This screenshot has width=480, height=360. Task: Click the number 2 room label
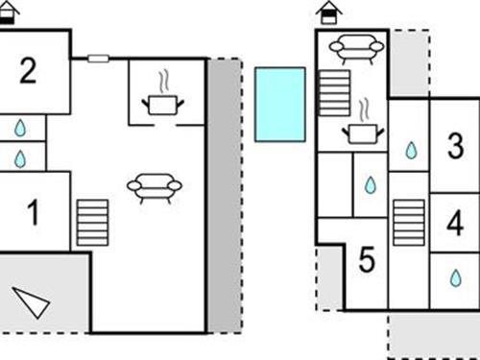click(28, 71)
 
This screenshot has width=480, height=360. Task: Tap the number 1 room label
click(34, 213)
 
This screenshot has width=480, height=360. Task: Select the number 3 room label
click(455, 147)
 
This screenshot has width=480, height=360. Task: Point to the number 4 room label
click(455, 224)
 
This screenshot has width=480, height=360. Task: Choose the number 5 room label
click(366, 259)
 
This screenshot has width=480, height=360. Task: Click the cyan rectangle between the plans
click(280, 104)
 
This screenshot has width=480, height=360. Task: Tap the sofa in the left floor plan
click(154, 187)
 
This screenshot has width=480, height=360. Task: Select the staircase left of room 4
click(408, 223)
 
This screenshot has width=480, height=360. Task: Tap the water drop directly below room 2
click(20, 128)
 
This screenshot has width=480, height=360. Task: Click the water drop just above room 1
click(20, 156)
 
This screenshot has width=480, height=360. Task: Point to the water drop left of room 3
click(411, 150)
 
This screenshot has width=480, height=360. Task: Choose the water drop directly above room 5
click(371, 184)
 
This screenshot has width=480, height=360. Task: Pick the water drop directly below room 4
click(455, 277)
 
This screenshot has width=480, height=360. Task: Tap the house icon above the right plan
click(329, 12)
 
